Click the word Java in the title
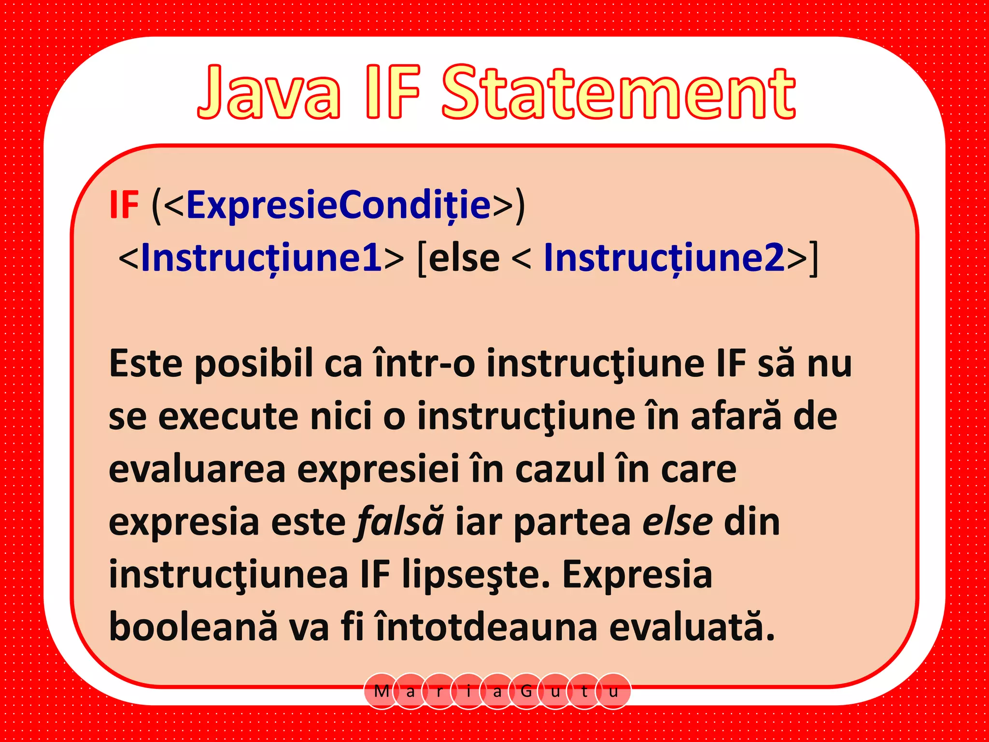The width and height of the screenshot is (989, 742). tap(269, 93)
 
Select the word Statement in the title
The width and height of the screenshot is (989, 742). tap(619, 93)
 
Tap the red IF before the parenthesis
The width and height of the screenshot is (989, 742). tap(124, 205)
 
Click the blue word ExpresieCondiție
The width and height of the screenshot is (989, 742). tap(339, 205)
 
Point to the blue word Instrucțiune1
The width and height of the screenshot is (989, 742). tap(261, 258)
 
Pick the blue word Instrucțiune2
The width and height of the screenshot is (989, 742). tap(664, 258)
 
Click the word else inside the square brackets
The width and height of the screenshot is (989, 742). tap(464, 258)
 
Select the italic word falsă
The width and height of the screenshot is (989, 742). tap(399, 522)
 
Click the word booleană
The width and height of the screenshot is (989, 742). tap(193, 628)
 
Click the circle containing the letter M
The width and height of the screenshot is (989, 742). tap(381, 691)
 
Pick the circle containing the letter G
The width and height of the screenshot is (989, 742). tap(526, 691)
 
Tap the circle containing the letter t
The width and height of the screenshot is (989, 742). tap(584, 691)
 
